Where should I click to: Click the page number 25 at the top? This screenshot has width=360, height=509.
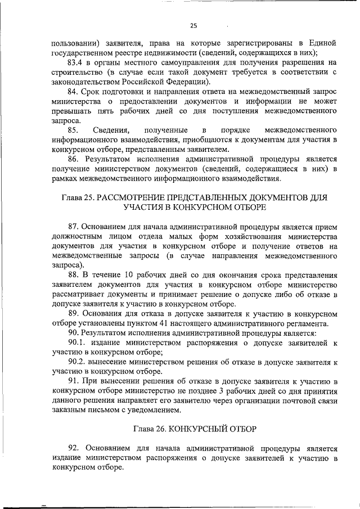[193, 25]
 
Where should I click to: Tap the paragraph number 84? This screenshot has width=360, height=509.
[74, 91]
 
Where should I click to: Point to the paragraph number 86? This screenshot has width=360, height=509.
[74, 159]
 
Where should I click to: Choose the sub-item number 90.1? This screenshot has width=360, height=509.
[79, 342]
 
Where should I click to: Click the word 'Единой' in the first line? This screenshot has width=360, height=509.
[323, 43]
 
